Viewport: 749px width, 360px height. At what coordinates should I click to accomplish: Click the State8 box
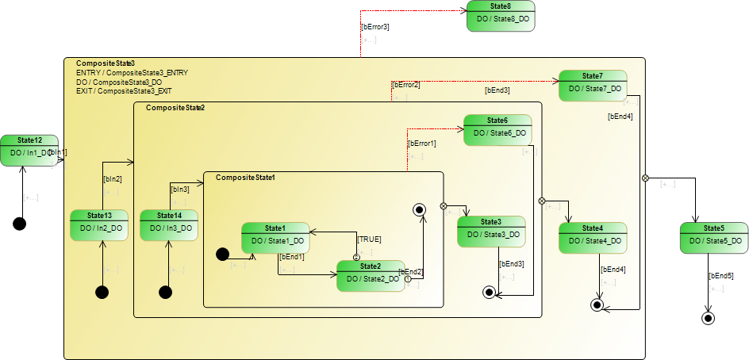point(501,17)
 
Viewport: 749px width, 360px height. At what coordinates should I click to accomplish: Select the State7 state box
point(593,85)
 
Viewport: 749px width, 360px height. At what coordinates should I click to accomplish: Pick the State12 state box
point(29,149)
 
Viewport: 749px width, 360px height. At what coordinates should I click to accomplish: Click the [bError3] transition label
point(374,27)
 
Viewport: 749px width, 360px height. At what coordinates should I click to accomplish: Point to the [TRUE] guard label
point(369,239)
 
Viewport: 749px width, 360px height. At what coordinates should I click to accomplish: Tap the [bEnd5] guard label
point(720,276)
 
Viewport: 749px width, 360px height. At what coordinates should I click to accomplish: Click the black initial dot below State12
point(20,224)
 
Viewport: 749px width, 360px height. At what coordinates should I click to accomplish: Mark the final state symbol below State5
point(707,319)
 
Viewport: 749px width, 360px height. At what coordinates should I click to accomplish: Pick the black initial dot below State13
point(102,293)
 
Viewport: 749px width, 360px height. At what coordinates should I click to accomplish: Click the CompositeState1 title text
point(245,178)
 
